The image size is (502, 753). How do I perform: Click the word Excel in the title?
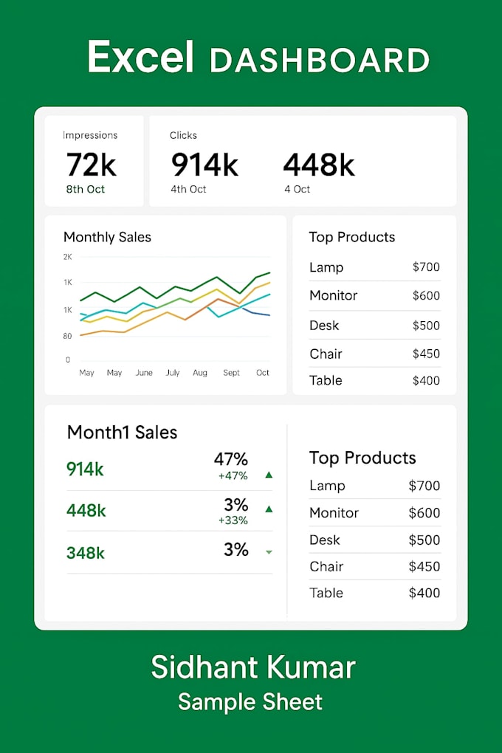[x=140, y=58]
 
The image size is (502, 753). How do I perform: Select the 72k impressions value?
[x=91, y=164]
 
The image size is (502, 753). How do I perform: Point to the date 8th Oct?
[x=86, y=189]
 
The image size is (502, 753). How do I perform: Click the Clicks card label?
[x=183, y=135]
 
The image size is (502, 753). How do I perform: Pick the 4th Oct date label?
[x=188, y=189]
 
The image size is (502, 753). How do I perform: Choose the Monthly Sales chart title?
[x=107, y=237]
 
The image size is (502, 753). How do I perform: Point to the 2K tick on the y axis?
[x=68, y=257]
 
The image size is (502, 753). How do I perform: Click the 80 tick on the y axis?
[x=67, y=336]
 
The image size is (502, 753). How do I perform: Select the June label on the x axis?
[x=144, y=373]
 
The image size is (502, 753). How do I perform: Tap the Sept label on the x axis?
[x=232, y=373]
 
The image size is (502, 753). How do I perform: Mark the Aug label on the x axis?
[x=200, y=373]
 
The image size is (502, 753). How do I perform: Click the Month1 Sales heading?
[x=122, y=432]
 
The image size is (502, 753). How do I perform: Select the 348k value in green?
[x=86, y=551]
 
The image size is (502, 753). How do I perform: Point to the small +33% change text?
[x=233, y=520]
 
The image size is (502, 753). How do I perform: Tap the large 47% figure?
[x=230, y=459]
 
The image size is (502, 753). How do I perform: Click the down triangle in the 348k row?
[x=269, y=551]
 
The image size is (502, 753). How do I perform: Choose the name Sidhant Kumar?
[x=253, y=667]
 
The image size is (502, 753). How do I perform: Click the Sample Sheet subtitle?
[x=250, y=701]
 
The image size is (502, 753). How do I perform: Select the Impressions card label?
[x=90, y=135]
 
